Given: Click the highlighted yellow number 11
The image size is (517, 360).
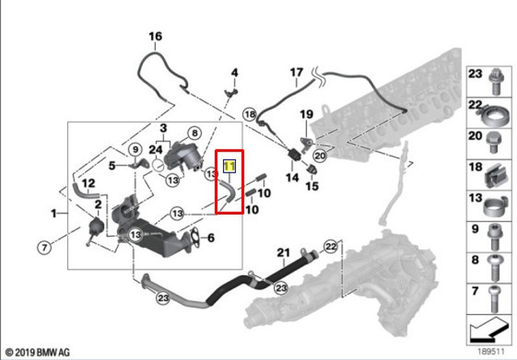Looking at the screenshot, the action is [x=229, y=166].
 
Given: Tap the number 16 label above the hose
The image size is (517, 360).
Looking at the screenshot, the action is [x=155, y=36].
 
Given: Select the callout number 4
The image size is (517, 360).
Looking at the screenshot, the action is [x=234, y=73].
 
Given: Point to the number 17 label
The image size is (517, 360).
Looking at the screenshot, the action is [x=296, y=72].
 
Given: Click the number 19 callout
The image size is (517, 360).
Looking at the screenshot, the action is [x=306, y=115].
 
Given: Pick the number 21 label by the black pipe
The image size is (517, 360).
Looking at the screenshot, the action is [x=284, y=253].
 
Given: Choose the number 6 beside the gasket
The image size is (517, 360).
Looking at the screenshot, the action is [x=211, y=238].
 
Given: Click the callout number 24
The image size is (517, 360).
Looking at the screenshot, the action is [x=156, y=150].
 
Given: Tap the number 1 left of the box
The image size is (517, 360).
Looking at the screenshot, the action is [x=54, y=213].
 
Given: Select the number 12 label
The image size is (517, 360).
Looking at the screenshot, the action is [x=88, y=183].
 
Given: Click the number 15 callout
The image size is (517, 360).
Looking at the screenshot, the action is [x=313, y=186].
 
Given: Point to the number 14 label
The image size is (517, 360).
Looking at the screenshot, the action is [x=292, y=178].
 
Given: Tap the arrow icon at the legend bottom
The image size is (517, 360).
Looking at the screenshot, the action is [x=488, y=330].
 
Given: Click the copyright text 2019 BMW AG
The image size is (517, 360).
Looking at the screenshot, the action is [x=38, y=353].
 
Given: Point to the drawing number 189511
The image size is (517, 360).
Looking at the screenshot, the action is [x=491, y=352].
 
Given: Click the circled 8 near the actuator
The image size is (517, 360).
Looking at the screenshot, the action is [x=195, y=133].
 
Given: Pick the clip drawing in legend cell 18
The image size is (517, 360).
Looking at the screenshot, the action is [x=495, y=176].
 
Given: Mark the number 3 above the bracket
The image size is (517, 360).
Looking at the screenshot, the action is [x=163, y=128].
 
